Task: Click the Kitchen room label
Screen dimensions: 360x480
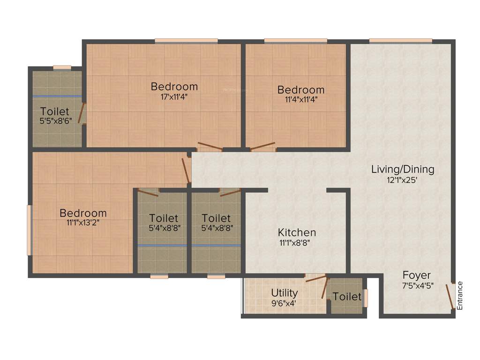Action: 297,232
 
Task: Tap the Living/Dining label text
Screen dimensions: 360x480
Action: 403,169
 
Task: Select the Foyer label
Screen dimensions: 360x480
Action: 416,275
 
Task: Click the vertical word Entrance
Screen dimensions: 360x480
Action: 460,295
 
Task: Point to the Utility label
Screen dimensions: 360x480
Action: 284,293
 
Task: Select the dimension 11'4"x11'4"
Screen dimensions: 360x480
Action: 300,99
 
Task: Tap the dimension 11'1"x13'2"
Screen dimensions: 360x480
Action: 83,223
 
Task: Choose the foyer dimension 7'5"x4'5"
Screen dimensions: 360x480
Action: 416,285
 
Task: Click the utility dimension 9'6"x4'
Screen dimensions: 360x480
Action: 284,302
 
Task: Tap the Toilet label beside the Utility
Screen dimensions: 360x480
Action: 347,297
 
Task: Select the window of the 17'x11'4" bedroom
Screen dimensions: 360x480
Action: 186,41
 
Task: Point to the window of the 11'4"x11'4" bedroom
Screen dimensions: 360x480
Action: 295,41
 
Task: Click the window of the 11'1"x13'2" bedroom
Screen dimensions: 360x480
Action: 29,230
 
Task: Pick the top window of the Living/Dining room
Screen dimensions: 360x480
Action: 400,41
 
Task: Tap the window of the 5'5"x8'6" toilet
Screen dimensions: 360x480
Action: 62,67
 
